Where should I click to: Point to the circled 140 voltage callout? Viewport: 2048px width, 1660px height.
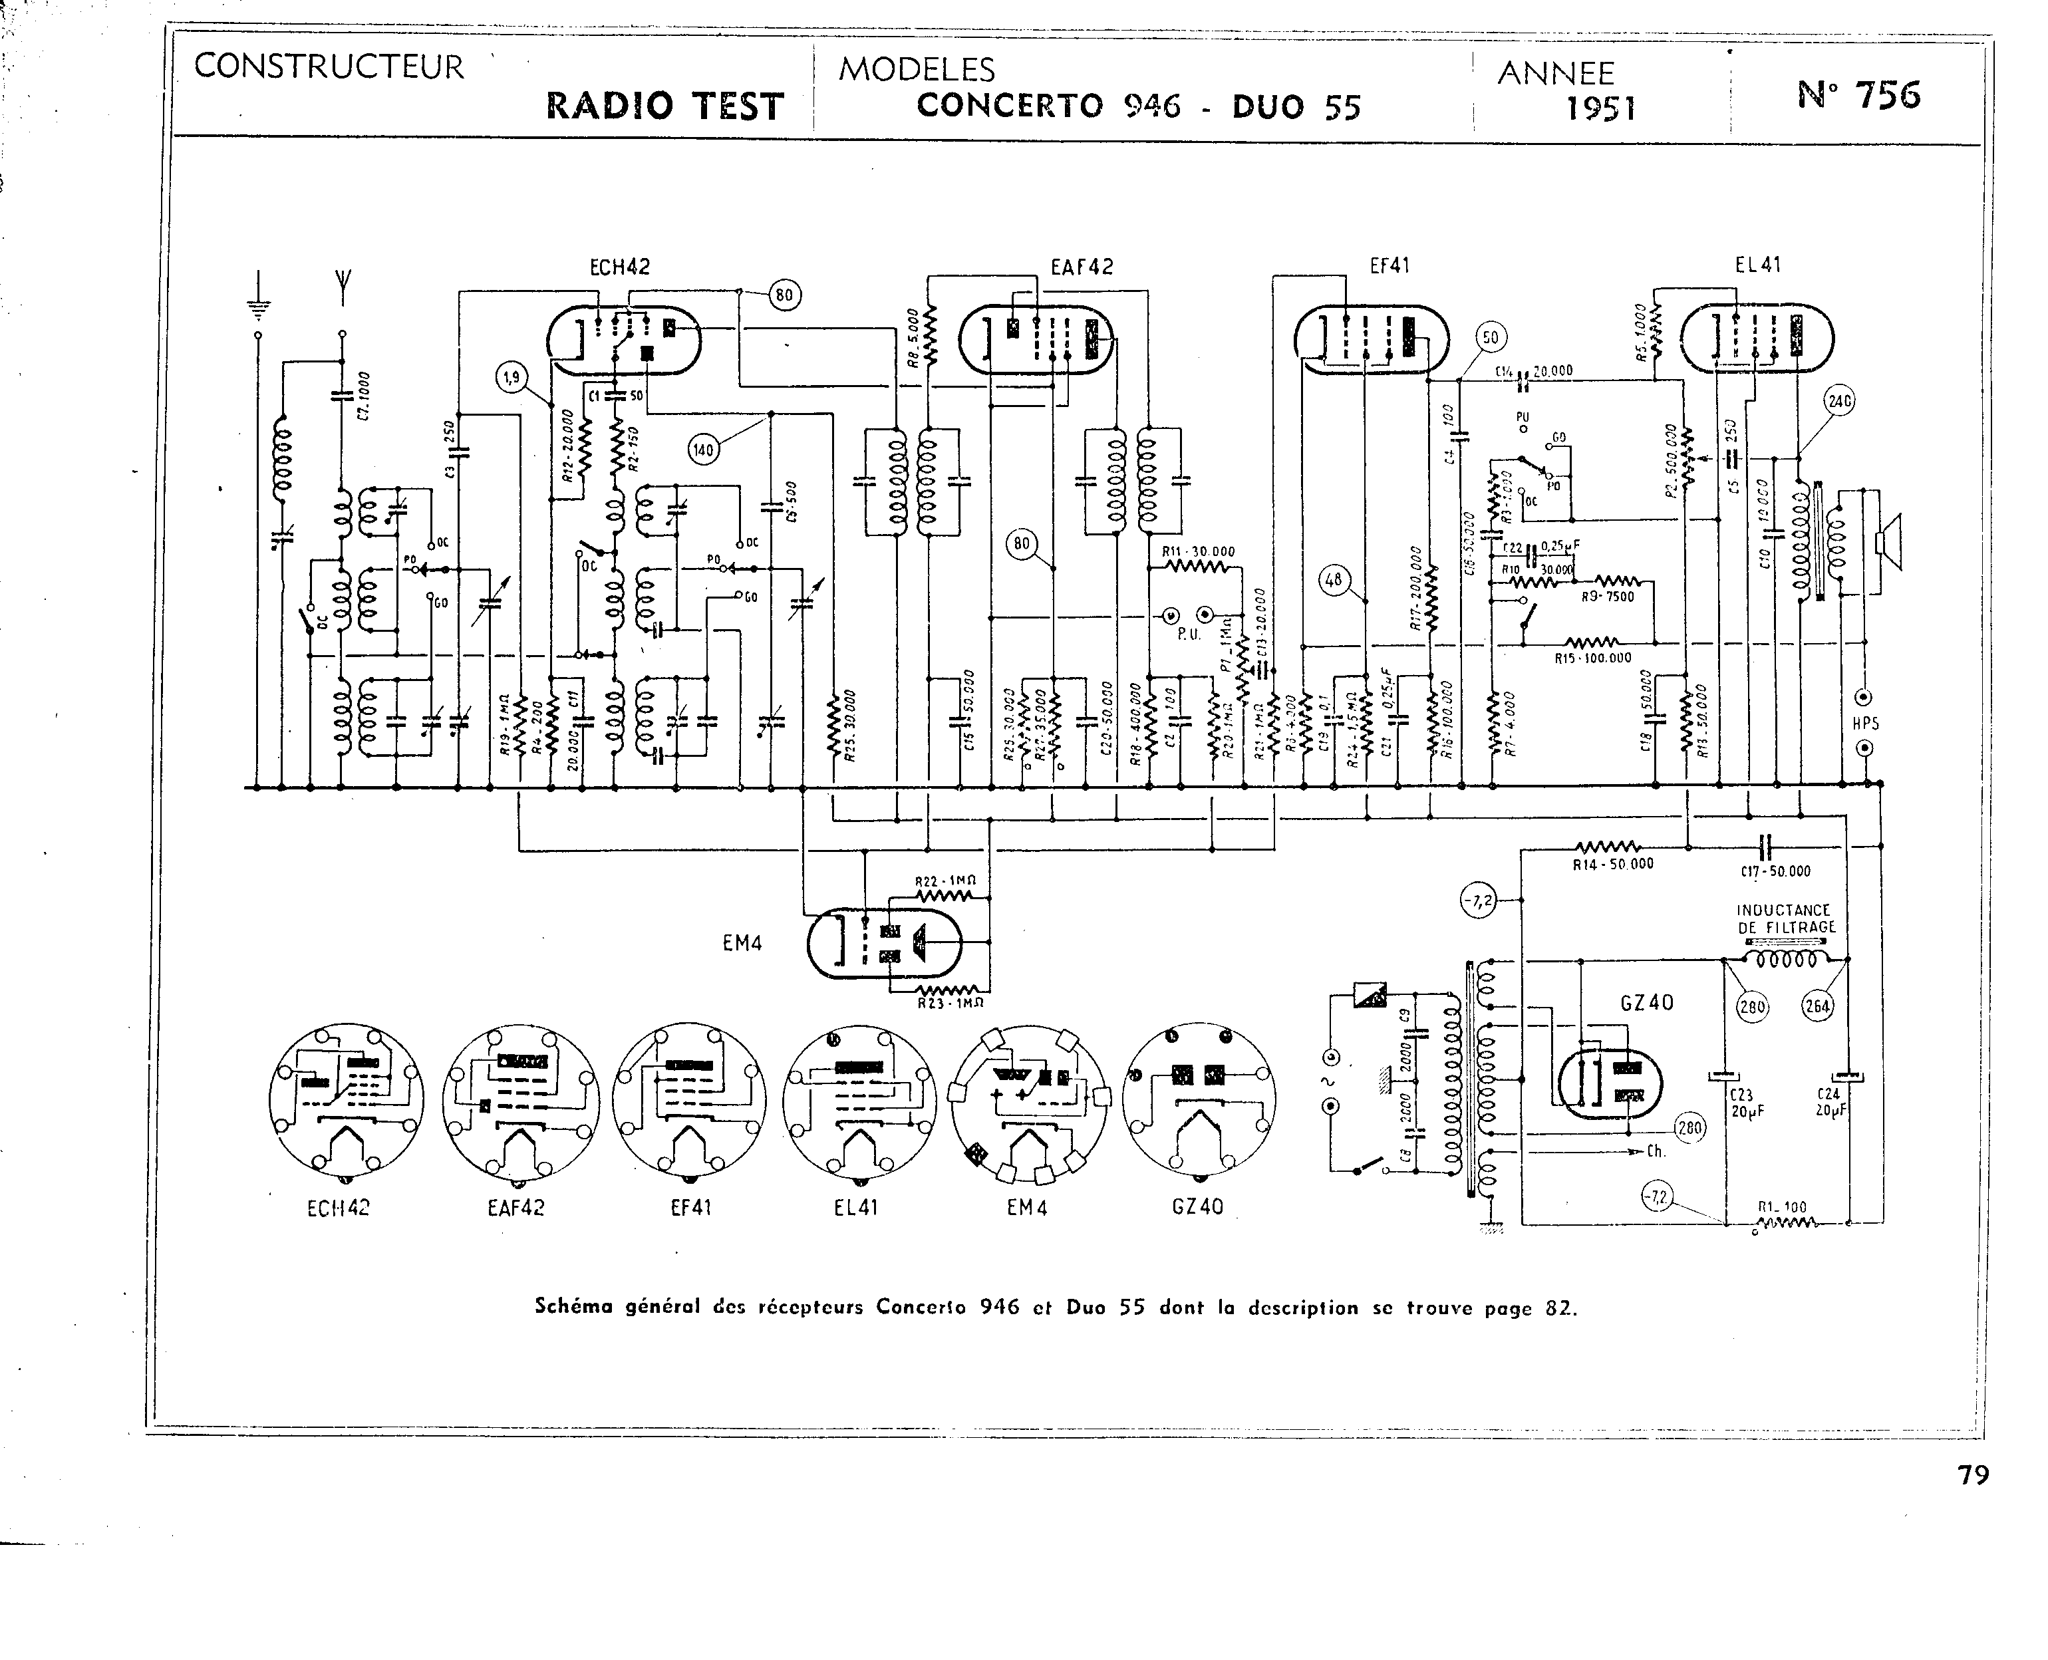(x=704, y=450)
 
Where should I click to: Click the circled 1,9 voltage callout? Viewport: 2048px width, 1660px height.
(x=512, y=378)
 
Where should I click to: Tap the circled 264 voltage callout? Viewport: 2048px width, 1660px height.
(x=1816, y=1006)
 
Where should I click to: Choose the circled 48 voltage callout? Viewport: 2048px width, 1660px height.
(x=1334, y=579)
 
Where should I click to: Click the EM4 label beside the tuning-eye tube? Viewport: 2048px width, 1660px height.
(x=742, y=944)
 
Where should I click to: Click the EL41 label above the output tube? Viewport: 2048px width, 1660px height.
(x=1757, y=265)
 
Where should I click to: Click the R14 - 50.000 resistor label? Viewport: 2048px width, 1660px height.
(x=1613, y=865)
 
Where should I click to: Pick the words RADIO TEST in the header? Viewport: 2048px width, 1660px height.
(x=664, y=106)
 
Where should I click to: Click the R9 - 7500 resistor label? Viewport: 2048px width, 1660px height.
(x=1607, y=597)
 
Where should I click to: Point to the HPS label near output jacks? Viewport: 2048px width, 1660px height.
(x=1864, y=724)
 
